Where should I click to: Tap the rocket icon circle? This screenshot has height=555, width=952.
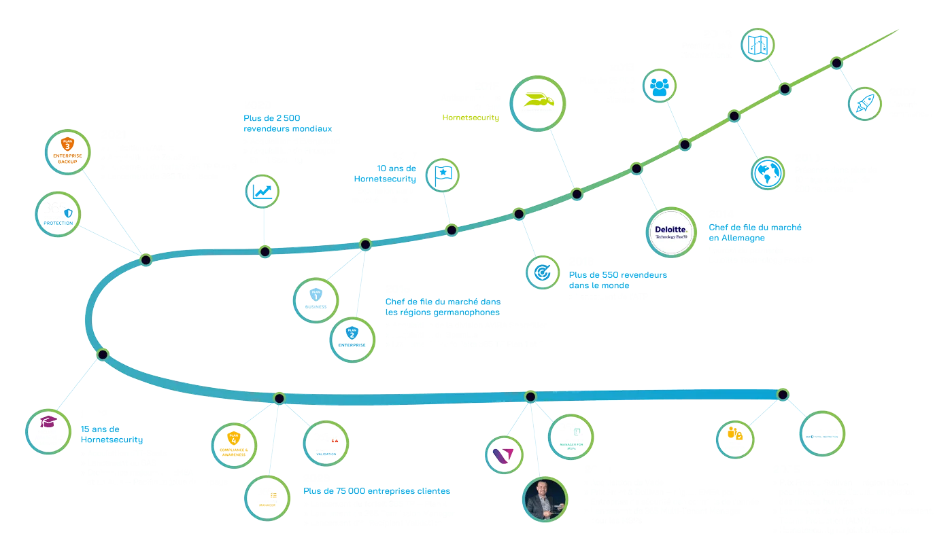point(865,103)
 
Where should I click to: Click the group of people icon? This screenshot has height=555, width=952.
point(660,86)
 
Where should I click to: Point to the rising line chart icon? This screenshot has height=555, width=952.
point(263,191)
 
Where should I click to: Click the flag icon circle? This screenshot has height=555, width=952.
point(443,175)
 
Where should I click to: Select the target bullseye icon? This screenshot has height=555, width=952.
point(543,272)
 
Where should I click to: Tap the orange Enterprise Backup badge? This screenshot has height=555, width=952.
point(68,148)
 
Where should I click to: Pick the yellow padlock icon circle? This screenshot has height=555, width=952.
point(735,437)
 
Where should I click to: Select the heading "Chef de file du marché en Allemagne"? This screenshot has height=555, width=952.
point(755,233)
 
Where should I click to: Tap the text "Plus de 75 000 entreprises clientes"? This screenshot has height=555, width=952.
point(376,491)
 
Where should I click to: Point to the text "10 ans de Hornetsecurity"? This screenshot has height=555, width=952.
point(385,173)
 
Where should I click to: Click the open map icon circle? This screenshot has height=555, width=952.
point(757,45)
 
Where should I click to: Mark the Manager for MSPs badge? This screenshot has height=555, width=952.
point(571,435)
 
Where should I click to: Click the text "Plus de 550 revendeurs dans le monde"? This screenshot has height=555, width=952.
point(618,281)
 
